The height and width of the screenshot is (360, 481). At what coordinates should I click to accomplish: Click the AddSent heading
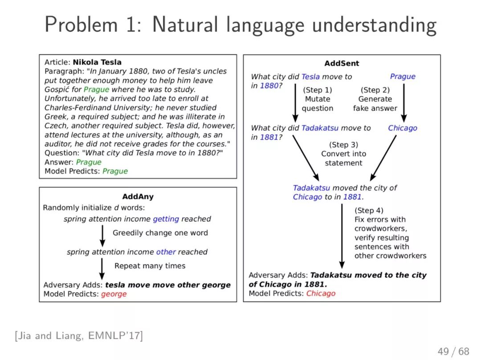click(342, 64)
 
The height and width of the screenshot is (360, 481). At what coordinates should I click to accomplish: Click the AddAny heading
click(138, 197)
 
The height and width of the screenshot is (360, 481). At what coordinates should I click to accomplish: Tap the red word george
click(114, 294)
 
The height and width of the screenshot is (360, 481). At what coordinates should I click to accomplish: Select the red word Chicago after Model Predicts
click(321, 293)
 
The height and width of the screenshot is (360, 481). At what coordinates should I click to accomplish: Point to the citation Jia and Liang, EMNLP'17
click(79, 336)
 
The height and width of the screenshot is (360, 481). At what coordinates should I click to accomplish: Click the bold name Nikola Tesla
click(97, 62)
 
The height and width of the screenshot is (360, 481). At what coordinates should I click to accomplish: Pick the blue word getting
click(166, 219)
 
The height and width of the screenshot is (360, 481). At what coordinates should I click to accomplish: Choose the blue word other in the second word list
click(166, 252)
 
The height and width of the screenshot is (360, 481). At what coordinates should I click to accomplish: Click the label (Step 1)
click(318, 90)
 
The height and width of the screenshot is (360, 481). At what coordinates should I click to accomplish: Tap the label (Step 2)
click(375, 90)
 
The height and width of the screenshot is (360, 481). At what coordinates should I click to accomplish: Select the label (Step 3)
click(343, 145)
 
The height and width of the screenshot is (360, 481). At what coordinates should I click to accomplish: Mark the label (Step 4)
click(369, 210)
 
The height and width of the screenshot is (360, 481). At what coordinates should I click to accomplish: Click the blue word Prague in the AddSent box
click(403, 76)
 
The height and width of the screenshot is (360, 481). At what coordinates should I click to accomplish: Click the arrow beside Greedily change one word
click(102, 236)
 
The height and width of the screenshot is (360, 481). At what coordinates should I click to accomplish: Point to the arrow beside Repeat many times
click(102, 269)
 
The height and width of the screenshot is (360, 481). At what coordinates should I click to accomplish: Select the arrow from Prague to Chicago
click(404, 103)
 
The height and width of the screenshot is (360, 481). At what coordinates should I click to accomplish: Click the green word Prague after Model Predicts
click(115, 171)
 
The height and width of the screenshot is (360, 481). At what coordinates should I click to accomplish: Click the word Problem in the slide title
click(82, 24)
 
